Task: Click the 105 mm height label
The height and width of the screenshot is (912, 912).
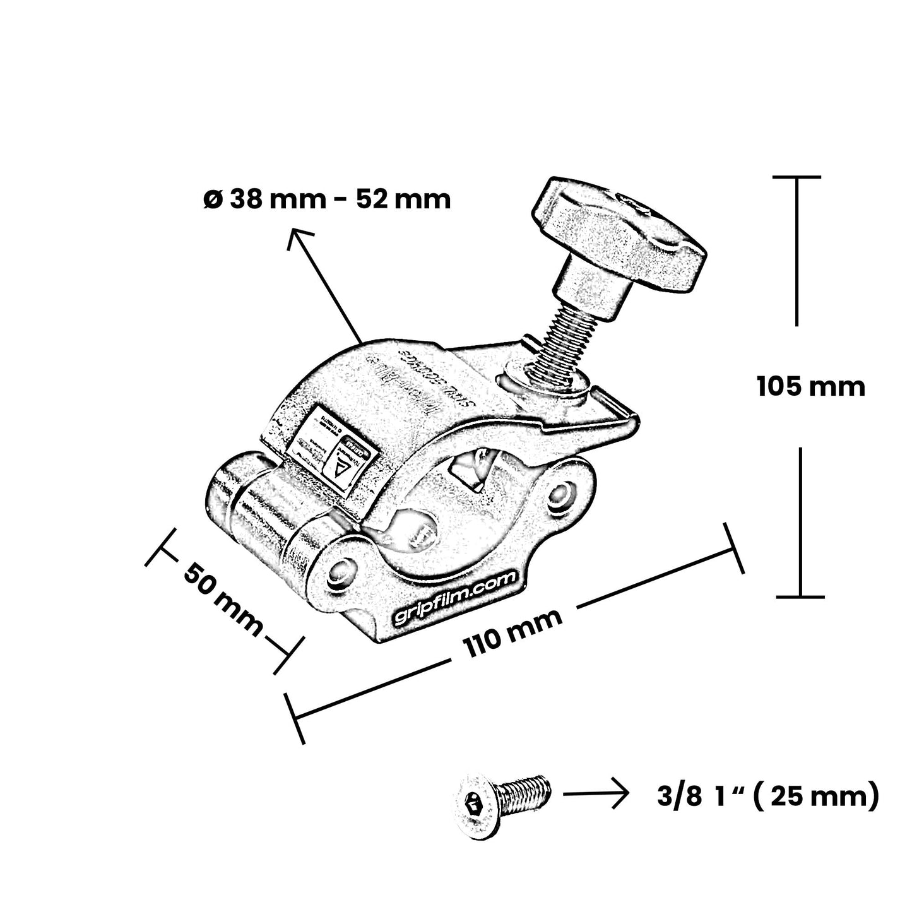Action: coord(810,386)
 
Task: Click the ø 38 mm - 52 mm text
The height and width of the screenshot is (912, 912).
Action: coord(327,199)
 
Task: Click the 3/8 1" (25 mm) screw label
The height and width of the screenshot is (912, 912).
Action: coord(767,797)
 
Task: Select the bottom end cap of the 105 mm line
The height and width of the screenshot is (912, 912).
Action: coord(800,596)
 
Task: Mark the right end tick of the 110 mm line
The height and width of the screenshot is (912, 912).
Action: coord(735,548)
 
